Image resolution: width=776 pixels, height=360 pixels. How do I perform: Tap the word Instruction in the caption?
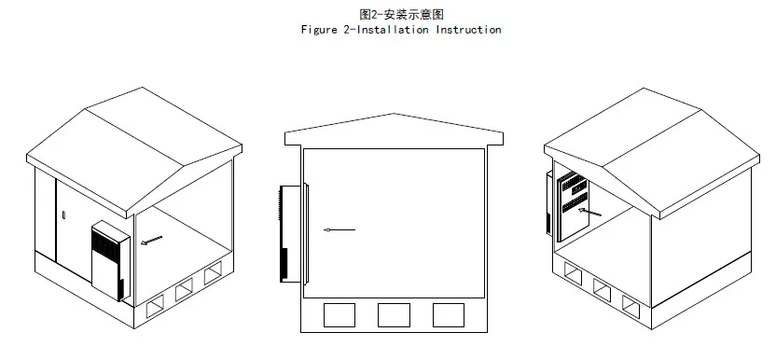pyautogui.click(x=470, y=30)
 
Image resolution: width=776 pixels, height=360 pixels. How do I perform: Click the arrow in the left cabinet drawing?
pyautogui.click(x=150, y=242)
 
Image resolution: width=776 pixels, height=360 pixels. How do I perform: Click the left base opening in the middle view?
pyautogui.click(x=339, y=315)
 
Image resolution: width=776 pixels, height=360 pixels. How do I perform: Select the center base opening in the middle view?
pyautogui.click(x=394, y=315)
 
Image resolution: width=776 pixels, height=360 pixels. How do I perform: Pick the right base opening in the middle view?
pyautogui.click(x=449, y=315)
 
